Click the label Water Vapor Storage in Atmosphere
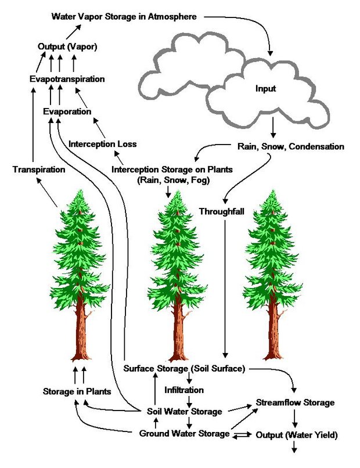128,16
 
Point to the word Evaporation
67,111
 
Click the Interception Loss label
103,143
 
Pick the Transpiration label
38,170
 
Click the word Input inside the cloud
266,89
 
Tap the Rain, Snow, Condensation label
291,146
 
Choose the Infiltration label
185,390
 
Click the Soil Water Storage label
185,412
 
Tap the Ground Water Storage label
185,433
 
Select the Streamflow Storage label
296,402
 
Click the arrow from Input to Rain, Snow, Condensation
273,125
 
